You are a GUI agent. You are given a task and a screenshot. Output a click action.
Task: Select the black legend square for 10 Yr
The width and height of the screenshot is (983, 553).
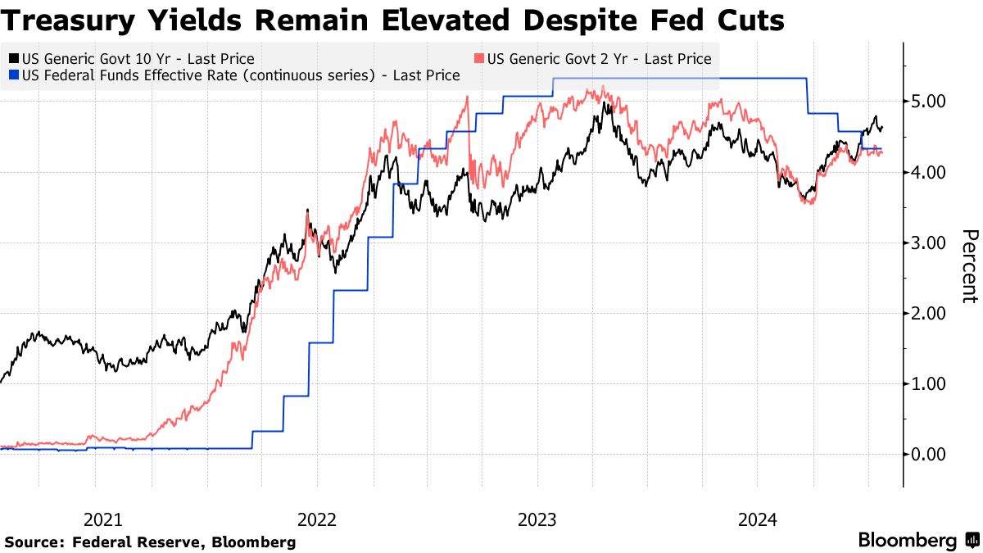coord(14,59)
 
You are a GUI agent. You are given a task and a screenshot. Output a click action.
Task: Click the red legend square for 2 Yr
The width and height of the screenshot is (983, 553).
coord(479,59)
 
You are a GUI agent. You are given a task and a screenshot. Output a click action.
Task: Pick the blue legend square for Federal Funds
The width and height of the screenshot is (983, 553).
coord(14,75)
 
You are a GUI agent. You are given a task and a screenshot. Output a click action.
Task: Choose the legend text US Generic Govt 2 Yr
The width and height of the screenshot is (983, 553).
coord(599,59)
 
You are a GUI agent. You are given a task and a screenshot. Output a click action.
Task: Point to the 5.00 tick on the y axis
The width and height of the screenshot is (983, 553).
coord(928,102)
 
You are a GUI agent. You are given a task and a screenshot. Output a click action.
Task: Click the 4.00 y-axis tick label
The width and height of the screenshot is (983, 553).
coord(928,172)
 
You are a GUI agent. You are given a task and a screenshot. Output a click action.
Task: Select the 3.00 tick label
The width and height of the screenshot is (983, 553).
coord(928,243)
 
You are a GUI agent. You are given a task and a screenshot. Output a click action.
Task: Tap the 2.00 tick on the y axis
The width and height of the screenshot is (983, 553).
coord(928,313)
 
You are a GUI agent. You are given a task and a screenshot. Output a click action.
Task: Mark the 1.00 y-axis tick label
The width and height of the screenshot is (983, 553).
coord(928,383)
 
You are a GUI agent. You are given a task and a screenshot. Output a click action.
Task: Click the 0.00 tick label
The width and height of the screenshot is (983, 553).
coord(928,454)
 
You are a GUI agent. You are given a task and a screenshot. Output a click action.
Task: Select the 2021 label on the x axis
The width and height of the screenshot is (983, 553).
coord(103,519)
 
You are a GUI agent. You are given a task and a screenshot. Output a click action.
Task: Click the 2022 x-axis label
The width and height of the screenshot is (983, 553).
coord(317,519)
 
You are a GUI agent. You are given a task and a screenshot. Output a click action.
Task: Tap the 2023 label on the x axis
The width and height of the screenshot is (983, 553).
coord(537,519)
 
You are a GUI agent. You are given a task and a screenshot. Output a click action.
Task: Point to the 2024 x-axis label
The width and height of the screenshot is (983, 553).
coord(757,519)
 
